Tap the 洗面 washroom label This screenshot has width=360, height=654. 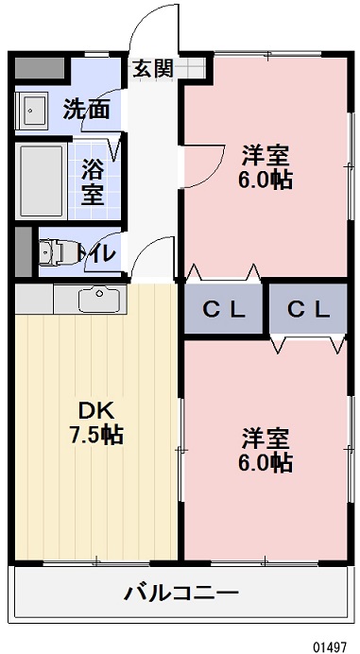pos(86,109)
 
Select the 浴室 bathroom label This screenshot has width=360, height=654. pos(92,182)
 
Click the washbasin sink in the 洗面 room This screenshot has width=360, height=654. pos(35,111)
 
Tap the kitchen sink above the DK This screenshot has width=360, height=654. pos(98,299)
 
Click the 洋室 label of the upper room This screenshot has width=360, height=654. pos(265,153)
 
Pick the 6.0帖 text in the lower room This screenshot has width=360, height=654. pos(265,463)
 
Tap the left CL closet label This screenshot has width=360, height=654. pos(225,309)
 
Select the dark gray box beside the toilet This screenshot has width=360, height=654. pos(24,250)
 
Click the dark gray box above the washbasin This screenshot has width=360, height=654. pos(37,71)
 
